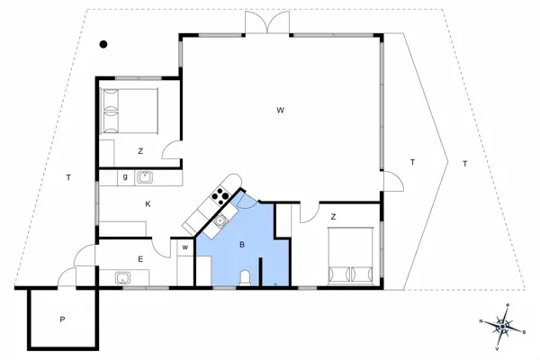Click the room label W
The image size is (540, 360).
(x=281, y=110)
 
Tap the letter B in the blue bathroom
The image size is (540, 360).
(x=242, y=243)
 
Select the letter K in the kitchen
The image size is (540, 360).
(x=147, y=204)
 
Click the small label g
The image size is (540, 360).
(x=124, y=177)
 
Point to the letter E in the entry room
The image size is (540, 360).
(x=140, y=259)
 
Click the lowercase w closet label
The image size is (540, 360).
(x=185, y=247)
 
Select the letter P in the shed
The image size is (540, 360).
(x=62, y=319)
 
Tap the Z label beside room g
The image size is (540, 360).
(x=141, y=151)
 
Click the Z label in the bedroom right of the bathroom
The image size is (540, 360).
(x=333, y=216)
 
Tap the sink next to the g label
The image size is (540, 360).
(x=143, y=178)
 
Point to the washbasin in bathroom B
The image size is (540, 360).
(x=220, y=219)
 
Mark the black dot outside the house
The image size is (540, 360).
(x=104, y=43)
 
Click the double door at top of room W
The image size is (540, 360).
(x=270, y=23)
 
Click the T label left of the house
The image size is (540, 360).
(x=67, y=177)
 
